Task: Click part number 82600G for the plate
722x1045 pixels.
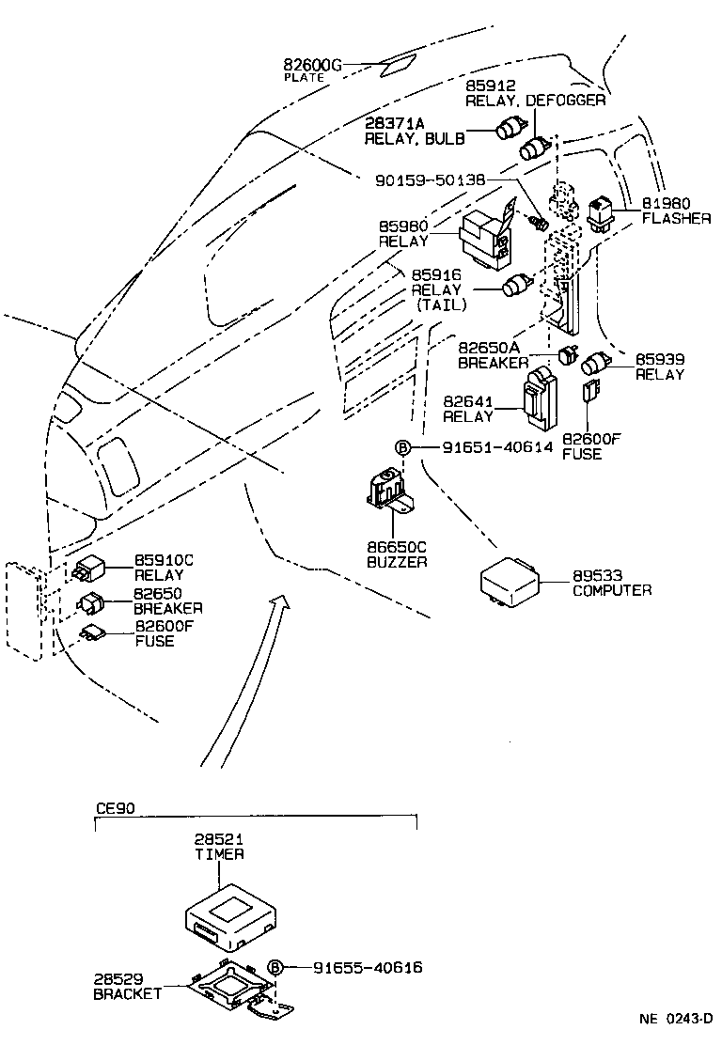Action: [x=312, y=65]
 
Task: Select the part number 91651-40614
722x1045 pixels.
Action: [x=497, y=448]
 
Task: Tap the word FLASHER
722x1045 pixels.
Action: [x=676, y=218]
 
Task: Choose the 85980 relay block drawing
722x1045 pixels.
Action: [x=485, y=235]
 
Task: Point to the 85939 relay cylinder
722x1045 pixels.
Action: [x=597, y=365]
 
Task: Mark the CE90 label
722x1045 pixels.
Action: [x=115, y=807]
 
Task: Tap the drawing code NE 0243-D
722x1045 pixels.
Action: [x=677, y=1019]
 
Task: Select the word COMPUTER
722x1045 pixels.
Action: [x=612, y=590]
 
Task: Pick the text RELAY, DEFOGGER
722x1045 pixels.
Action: [x=536, y=100]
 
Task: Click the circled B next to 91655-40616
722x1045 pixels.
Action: [x=275, y=967]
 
